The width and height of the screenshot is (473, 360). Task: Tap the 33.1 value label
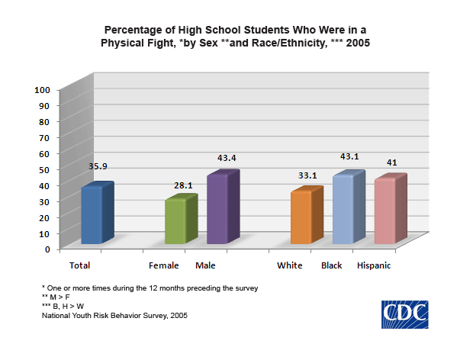(x=307, y=175)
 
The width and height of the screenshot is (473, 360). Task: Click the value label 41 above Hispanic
(x=391, y=162)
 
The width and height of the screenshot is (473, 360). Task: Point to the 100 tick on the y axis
(x=43, y=89)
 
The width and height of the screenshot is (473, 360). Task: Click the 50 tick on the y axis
(x=45, y=169)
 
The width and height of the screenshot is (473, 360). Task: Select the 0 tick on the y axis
(x=47, y=249)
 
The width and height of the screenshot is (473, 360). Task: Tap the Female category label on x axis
(x=164, y=265)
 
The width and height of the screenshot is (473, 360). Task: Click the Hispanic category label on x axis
(x=374, y=265)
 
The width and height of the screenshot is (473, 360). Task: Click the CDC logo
(x=405, y=314)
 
